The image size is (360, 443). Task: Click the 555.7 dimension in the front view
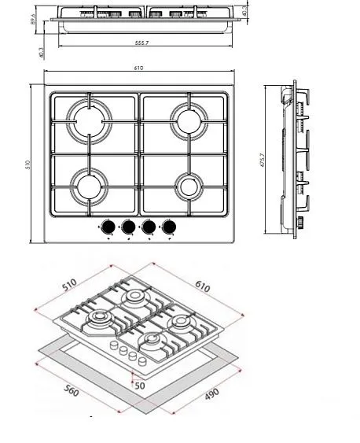[141, 42]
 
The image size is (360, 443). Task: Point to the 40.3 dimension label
[41, 51]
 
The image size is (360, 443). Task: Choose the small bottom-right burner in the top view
[188, 187]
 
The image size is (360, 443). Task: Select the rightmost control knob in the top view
[167, 228]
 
